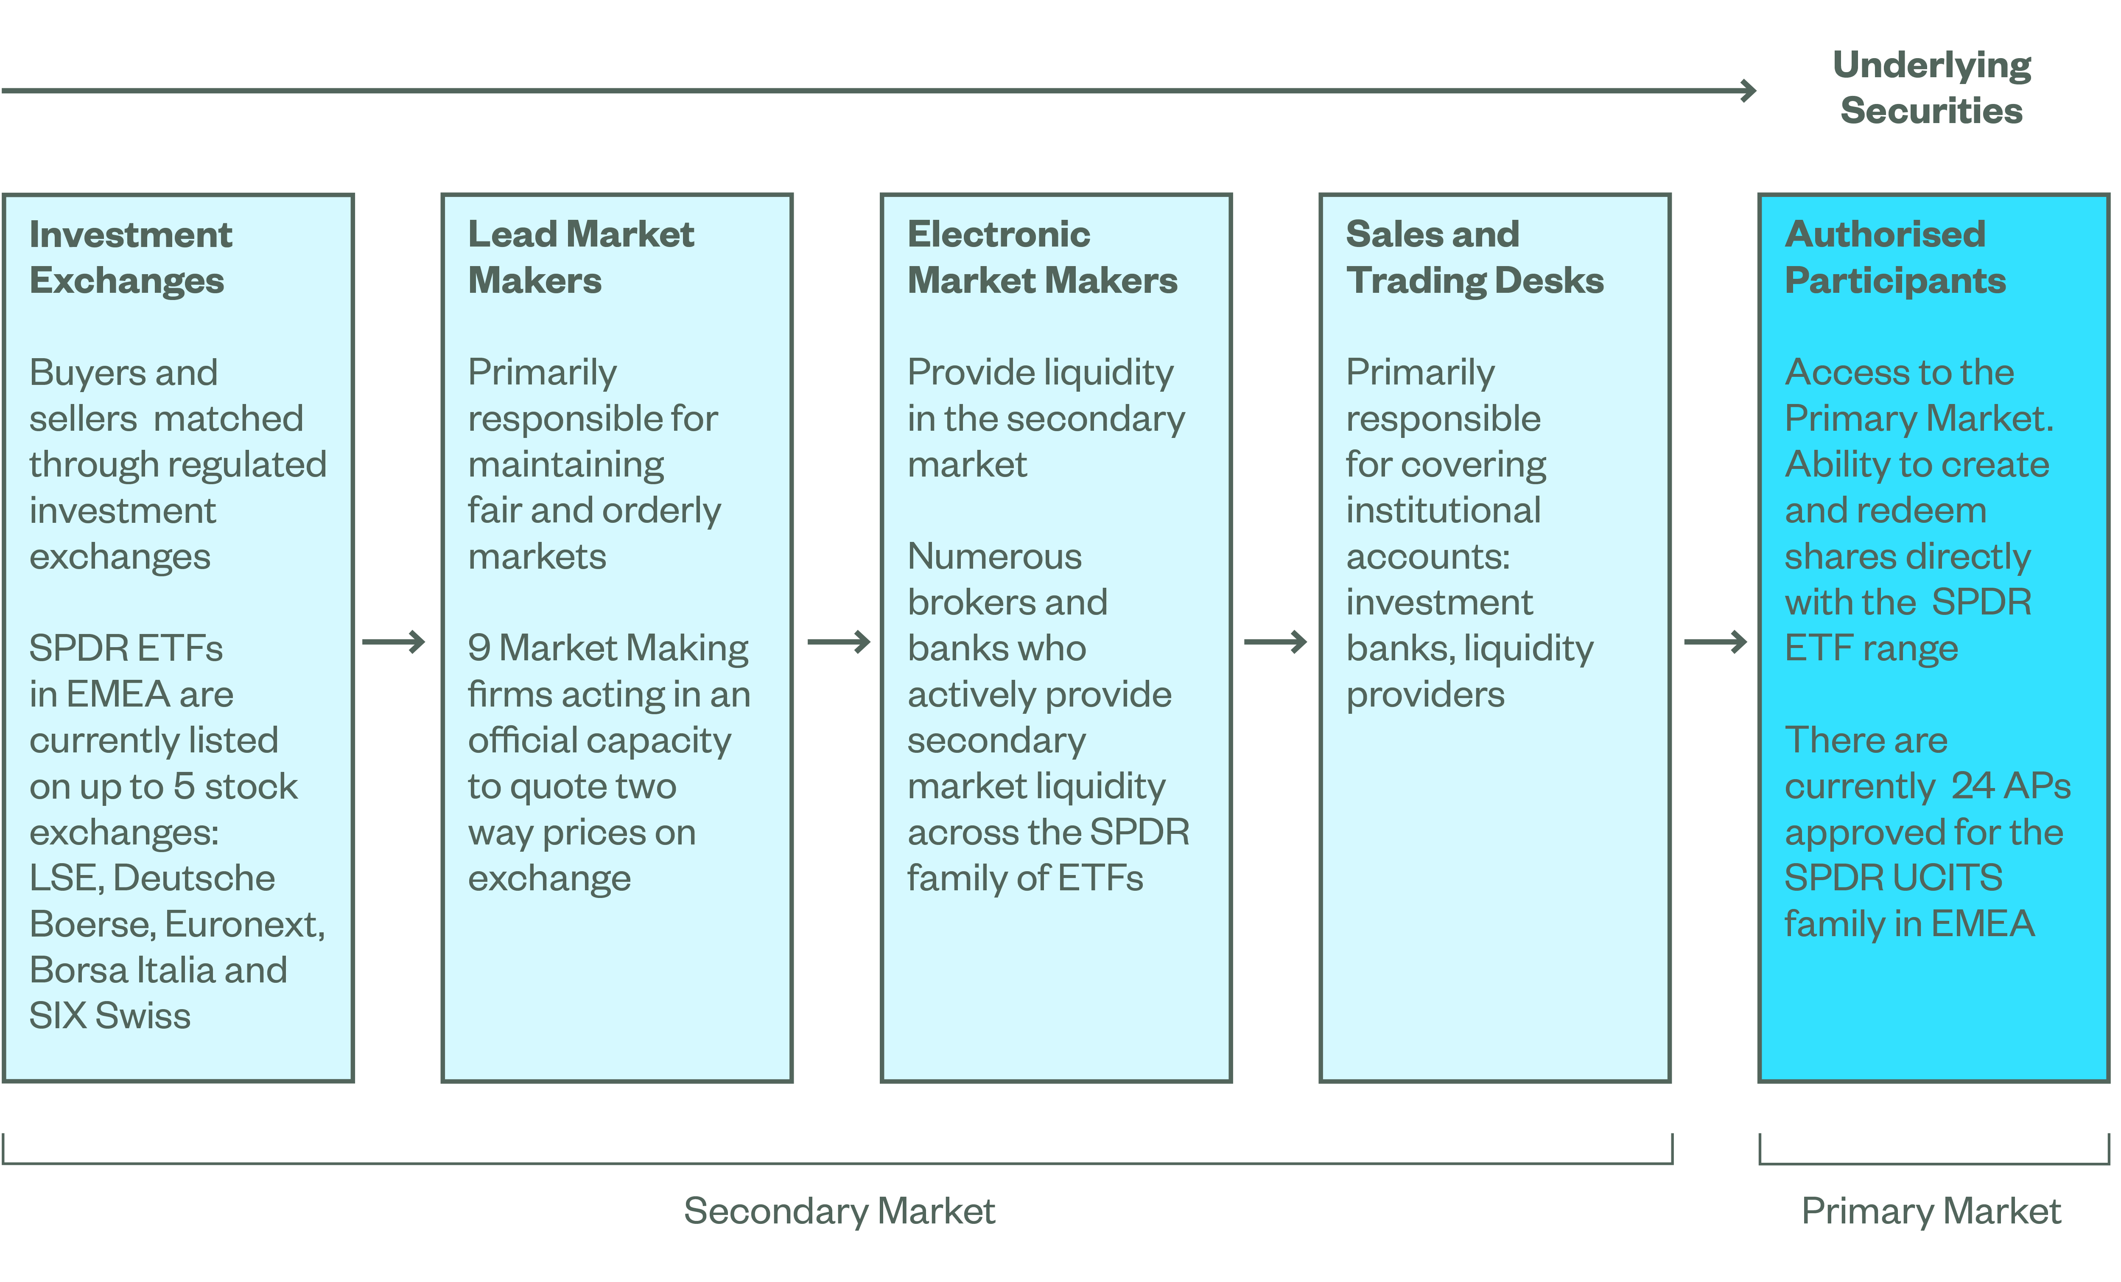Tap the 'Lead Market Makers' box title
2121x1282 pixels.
click(580, 258)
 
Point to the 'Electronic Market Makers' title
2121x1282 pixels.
click(1041, 258)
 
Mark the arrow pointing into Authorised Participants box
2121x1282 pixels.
click(1715, 642)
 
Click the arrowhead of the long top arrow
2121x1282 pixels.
click(1747, 90)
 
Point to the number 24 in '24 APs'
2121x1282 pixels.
click(1972, 785)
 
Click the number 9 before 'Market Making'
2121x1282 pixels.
click(479, 648)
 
